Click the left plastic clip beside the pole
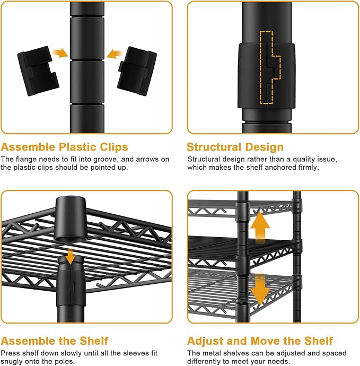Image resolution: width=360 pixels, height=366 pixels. pos(38,71)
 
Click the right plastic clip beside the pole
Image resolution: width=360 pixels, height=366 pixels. pos(137,71)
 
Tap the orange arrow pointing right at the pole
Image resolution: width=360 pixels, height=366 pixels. pos(60,53)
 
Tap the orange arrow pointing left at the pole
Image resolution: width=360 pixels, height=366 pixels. pos(115,54)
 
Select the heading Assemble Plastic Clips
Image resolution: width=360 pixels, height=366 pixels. pos(64,147)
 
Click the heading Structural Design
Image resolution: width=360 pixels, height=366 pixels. pos(235,147)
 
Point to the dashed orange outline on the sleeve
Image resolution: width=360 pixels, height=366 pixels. pos(270,68)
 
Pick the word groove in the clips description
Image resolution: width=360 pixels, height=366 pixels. pos(106,160)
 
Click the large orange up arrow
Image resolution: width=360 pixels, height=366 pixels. pos(260,228)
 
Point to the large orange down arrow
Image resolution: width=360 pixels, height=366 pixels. pos(260,290)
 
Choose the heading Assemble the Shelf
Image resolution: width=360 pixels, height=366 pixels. pos(55,341)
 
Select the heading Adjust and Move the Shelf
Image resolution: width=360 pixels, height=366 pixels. pos(260,341)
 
